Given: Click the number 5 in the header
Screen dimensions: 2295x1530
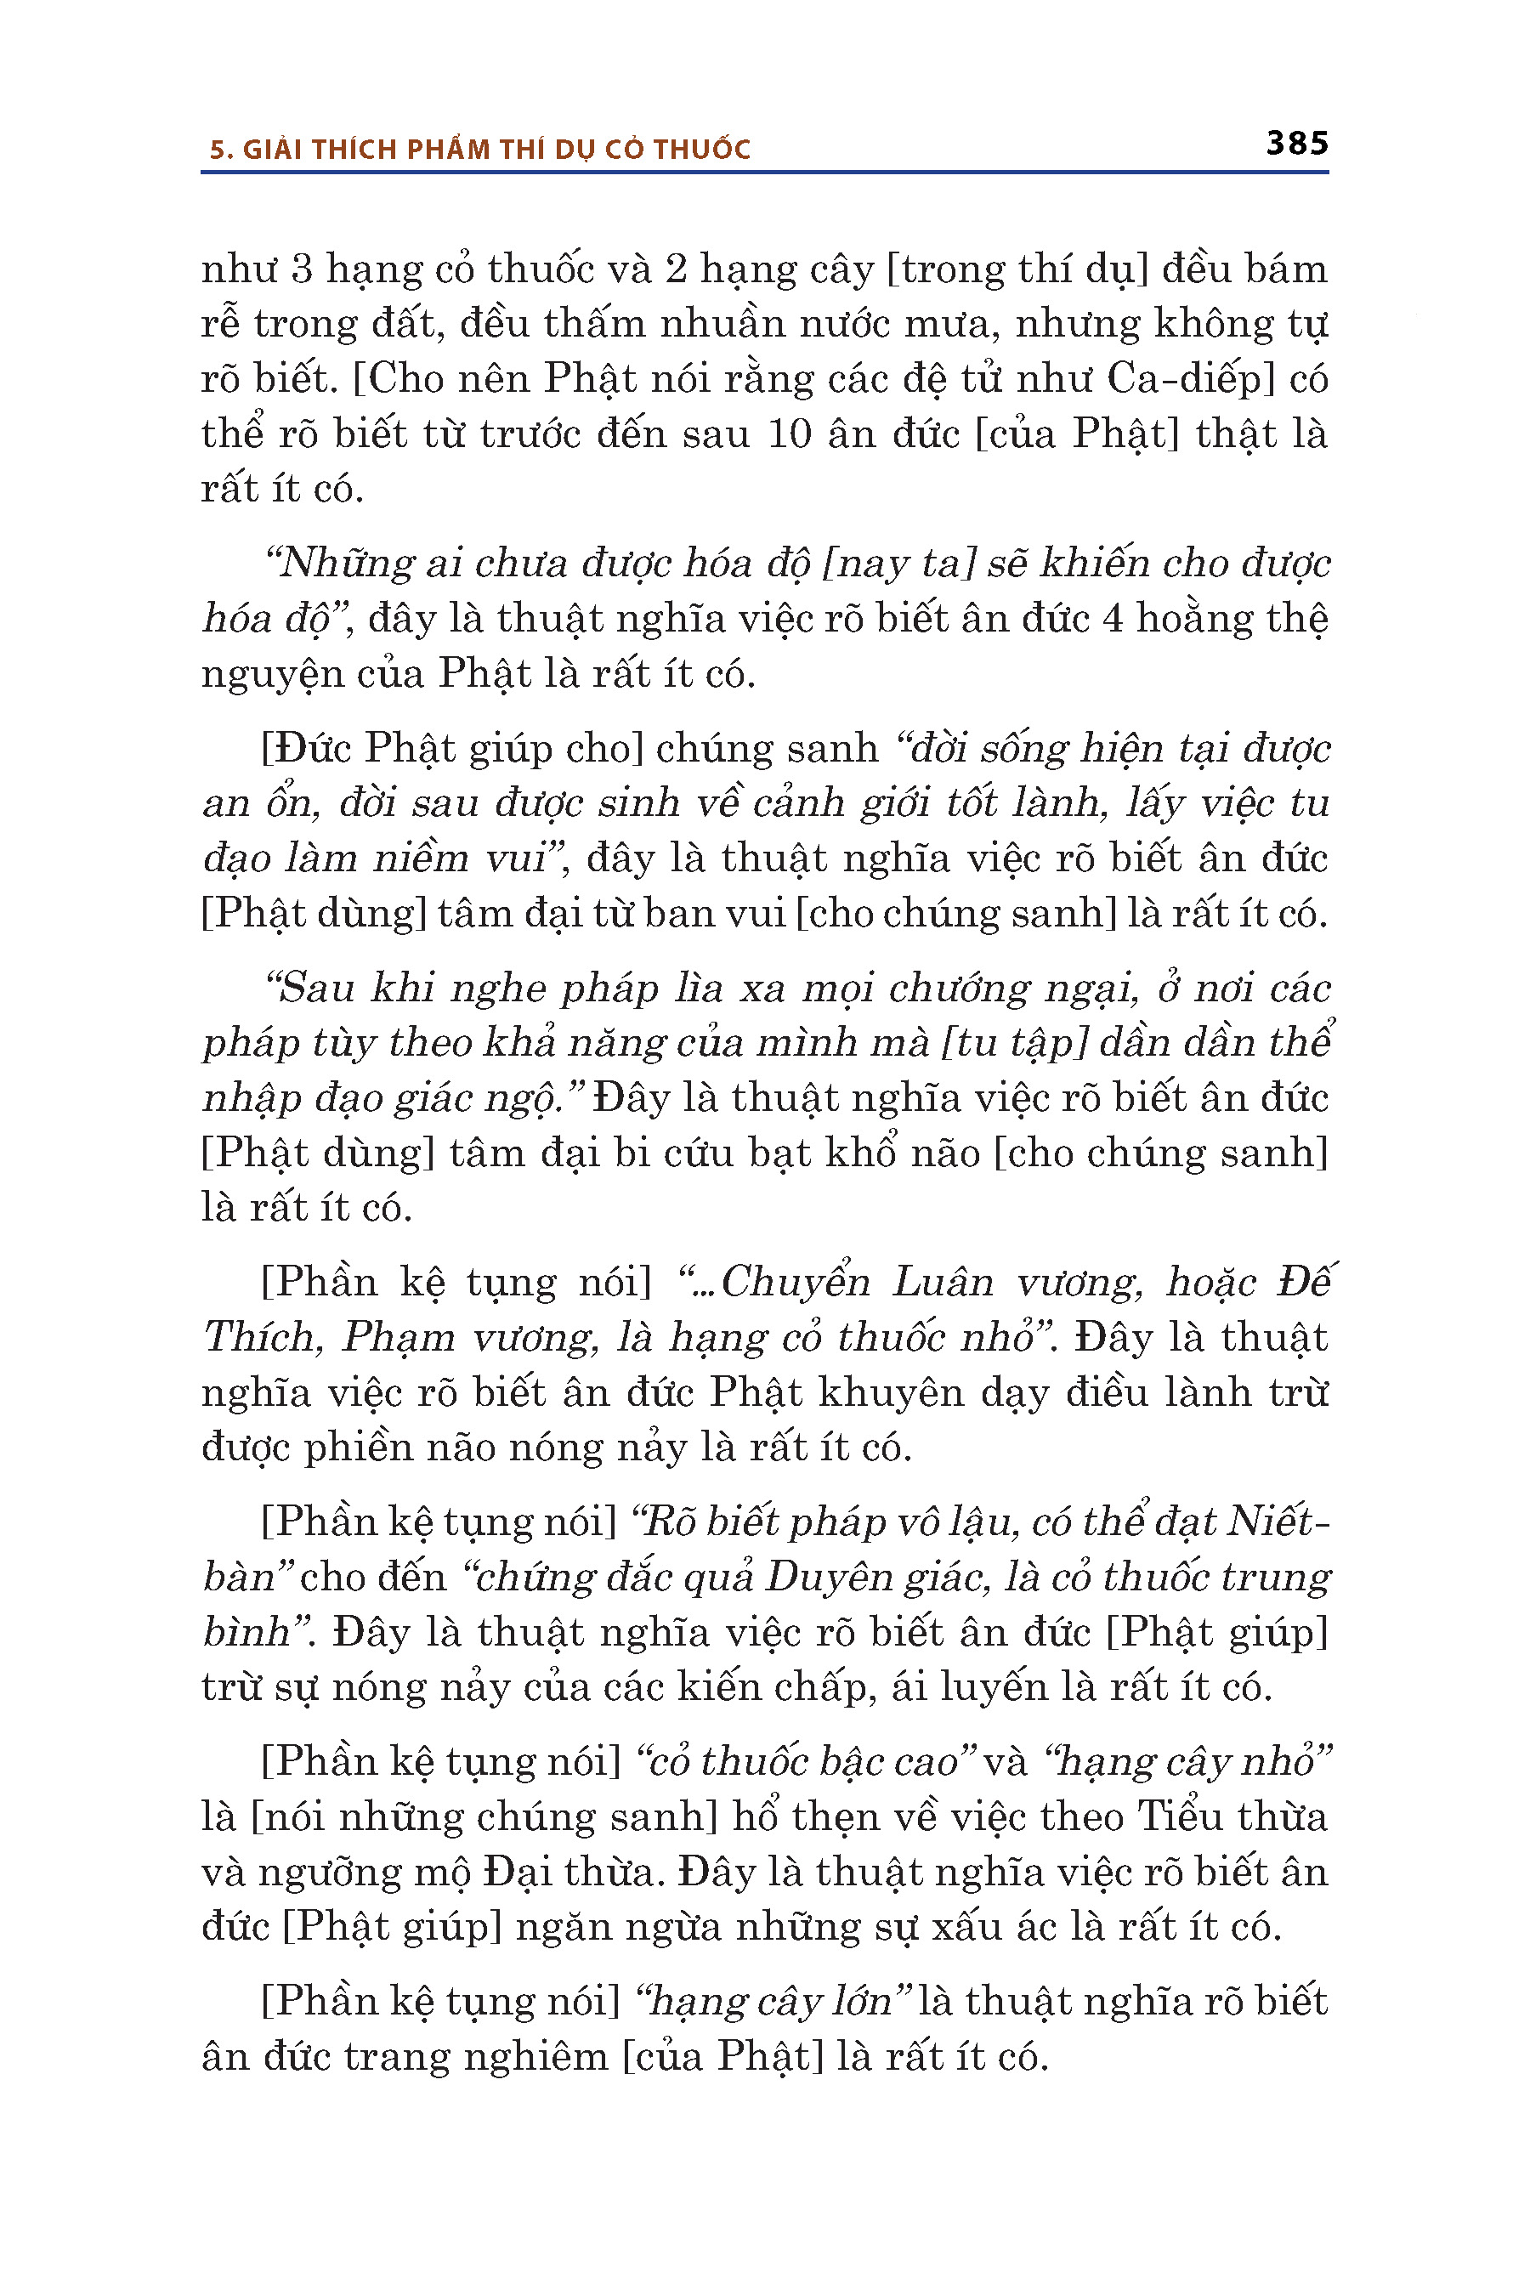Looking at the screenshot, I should click(x=218, y=150).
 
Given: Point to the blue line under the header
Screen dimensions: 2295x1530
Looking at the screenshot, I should click(x=764, y=173).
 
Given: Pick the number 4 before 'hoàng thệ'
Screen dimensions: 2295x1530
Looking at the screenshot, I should click(x=1112, y=619).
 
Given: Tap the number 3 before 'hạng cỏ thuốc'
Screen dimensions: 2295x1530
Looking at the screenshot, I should click(x=302, y=269).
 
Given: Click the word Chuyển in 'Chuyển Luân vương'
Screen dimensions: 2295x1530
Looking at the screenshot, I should click(x=796, y=1282).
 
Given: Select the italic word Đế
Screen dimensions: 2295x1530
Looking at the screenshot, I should click(x=1304, y=1282).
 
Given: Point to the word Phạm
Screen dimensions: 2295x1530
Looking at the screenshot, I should click(x=398, y=1338).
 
